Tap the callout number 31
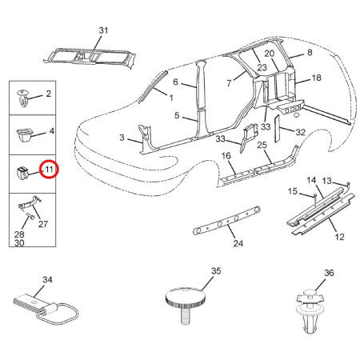[103, 30]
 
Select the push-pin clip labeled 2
[22, 98]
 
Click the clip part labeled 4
[24, 134]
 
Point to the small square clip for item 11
[22, 173]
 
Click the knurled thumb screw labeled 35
[185, 305]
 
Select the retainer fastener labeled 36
[310, 311]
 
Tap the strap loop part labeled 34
[45, 309]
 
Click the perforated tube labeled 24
[226, 220]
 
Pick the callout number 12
[339, 237]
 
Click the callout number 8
[310, 52]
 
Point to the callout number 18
[316, 78]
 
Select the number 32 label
[300, 132]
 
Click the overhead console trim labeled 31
[90, 59]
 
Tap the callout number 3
[122, 138]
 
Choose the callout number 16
[226, 155]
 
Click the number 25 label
[262, 145]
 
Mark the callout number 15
[293, 191]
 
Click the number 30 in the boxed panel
[19, 243]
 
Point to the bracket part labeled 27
[30, 202]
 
